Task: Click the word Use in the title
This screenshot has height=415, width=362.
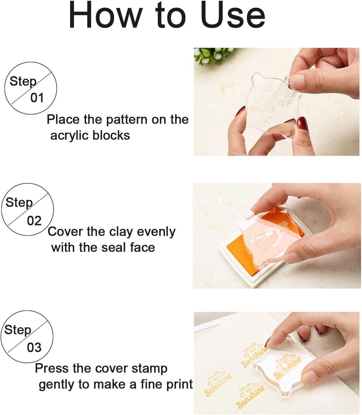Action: point(233,15)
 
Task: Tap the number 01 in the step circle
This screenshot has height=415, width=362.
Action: point(37,98)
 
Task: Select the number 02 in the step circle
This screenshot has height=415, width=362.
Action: point(34,221)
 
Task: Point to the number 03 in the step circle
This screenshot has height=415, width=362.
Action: point(34,348)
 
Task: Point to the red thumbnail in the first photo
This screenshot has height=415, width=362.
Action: point(302,124)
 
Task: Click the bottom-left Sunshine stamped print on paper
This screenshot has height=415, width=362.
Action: point(218,384)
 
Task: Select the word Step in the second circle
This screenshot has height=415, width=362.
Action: point(19,202)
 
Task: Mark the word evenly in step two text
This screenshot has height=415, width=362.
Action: point(156,232)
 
